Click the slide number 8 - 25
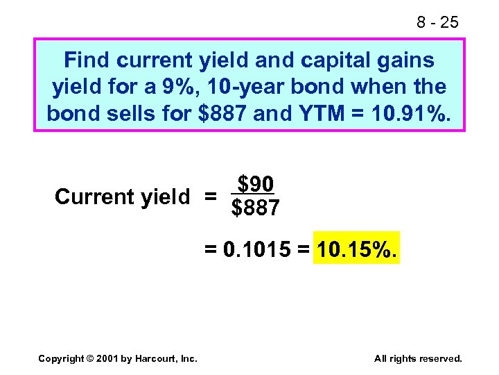click(437, 22)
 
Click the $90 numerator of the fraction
click(255, 184)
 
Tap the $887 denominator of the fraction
click(255, 208)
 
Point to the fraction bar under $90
click(255, 194)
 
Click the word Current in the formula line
click(94, 197)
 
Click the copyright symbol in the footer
click(93, 358)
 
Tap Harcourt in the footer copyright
click(161, 358)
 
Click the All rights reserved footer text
click(417, 358)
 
